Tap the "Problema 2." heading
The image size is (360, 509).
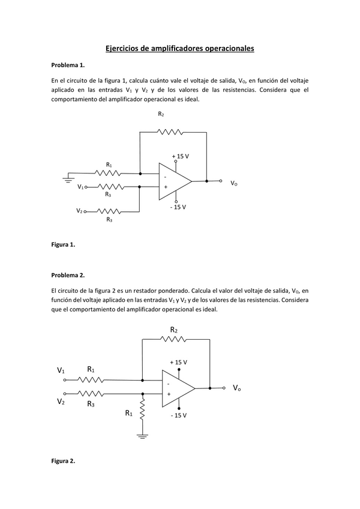pyautogui.click(x=68, y=275)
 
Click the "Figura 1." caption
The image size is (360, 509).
pyautogui.click(x=63, y=245)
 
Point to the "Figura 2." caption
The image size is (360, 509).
pyautogui.click(x=63, y=461)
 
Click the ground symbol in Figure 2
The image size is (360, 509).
pyautogui.click(x=142, y=436)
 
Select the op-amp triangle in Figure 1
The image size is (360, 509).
pyautogui.click(x=174, y=181)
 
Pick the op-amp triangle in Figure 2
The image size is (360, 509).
pyautogui.click(x=178, y=388)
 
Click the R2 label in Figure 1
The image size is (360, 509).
pyautogui.click(x=161, y=114)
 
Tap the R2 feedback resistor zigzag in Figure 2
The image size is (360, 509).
pyautogui.click(x=174, y=339)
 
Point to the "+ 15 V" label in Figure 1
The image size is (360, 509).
pyautogui.click(x=180, y=155)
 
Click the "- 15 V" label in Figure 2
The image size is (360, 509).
pyautogui.click(x=178, y=415)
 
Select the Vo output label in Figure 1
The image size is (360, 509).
pyautogui.click(x=234, y=182)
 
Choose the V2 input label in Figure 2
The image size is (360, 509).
pyautogui.click(x=61, y=402)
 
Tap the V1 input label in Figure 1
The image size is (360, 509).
pyautogui.click(x=80, y=187)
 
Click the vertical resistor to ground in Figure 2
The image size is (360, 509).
pyautogui.click(x=142, y=412)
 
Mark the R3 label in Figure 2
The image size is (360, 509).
pyautogui.click(x=91, y=404)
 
